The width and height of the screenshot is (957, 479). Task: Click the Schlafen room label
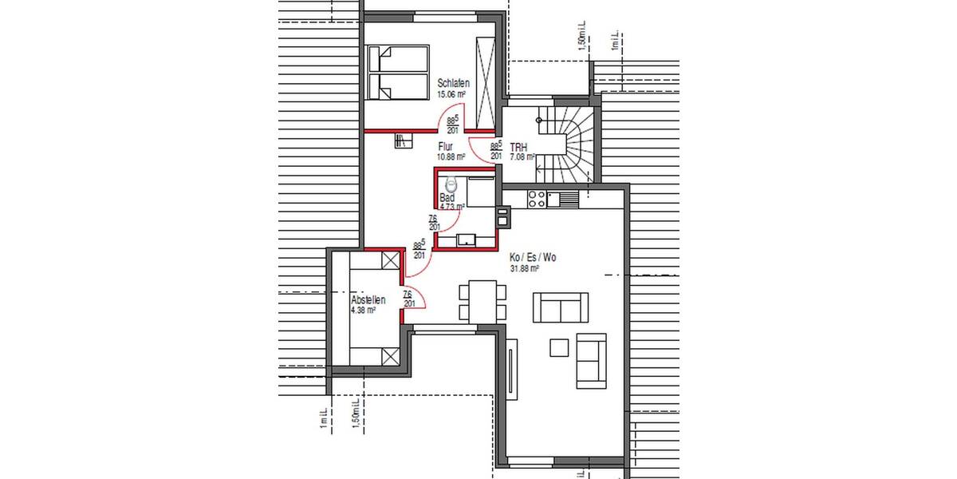pos(453,83)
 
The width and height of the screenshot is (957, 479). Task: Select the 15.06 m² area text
pos(451,94)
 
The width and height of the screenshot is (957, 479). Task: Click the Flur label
pos(446,147)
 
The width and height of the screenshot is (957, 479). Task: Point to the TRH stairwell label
pos(518,147)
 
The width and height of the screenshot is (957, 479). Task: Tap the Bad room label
pos(447,197)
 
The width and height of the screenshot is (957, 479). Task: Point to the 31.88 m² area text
pos(525,269)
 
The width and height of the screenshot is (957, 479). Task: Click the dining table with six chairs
pos(481,301)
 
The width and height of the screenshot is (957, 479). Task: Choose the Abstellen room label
pos(368,300)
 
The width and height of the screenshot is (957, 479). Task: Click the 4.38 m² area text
pos(364,310)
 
